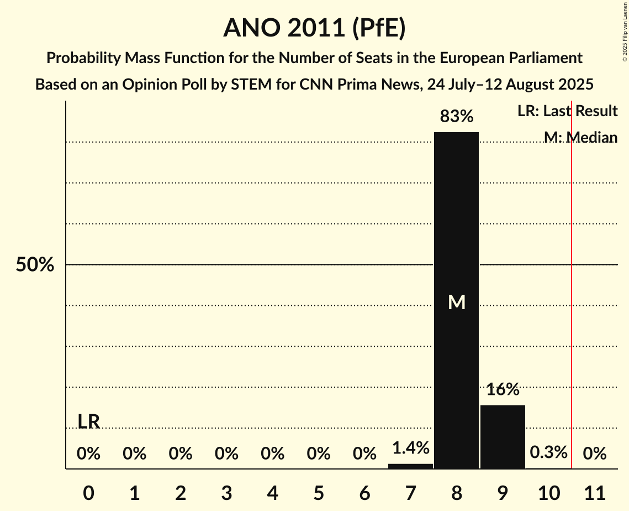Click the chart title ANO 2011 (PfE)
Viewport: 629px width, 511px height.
coord(314,28)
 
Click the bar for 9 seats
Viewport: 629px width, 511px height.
coord(503,437)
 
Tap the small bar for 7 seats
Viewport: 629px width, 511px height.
coord(410,466)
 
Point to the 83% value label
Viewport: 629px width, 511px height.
coord(456,116)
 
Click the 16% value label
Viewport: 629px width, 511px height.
coord(503,389)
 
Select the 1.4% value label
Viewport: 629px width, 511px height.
coord(410,448)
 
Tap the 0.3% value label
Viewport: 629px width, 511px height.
coord(548,452)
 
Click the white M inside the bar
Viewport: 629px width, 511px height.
coord(457,302)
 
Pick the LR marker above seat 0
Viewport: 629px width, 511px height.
coord(88,422)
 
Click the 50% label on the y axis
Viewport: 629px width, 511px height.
coord(35,265)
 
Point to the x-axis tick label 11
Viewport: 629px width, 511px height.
coord(595,492)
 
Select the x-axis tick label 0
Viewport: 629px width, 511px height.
coord(88,492)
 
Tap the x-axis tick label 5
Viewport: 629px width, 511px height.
coord(319,492)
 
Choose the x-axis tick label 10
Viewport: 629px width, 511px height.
coord(548,492)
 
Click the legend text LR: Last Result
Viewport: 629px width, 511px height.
coord(567,111)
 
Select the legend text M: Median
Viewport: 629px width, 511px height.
coord(580,137)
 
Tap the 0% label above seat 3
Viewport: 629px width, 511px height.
coord(226,454)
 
